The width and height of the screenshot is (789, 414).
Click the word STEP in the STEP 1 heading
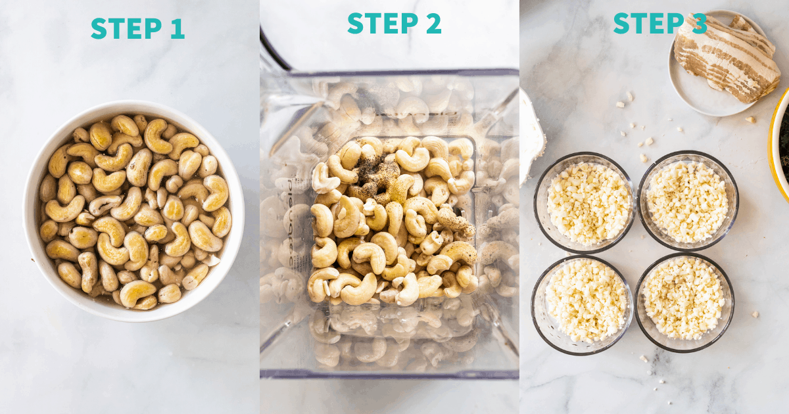(126, 28)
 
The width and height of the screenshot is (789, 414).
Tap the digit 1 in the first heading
(178, 28)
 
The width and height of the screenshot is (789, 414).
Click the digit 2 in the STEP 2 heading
(433, 23)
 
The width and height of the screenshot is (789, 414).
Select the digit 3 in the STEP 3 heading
(699, 23)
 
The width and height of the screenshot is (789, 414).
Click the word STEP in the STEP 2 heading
(383, 23)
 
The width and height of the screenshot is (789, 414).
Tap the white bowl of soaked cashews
(133, 211)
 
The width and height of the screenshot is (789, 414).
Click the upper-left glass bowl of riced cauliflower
(585, 203)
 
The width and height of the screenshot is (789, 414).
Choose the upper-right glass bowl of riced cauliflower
(688, 201)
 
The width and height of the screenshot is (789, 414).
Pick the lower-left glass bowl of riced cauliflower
(582, 305)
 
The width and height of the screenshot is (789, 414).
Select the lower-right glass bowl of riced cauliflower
(684, 302)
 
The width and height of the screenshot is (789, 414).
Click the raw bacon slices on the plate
(727, 58)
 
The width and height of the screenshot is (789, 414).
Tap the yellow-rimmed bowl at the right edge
(778, 145)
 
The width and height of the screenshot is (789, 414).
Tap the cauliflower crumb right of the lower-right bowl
(755, 314)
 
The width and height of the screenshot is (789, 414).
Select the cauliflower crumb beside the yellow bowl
(750, 120)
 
